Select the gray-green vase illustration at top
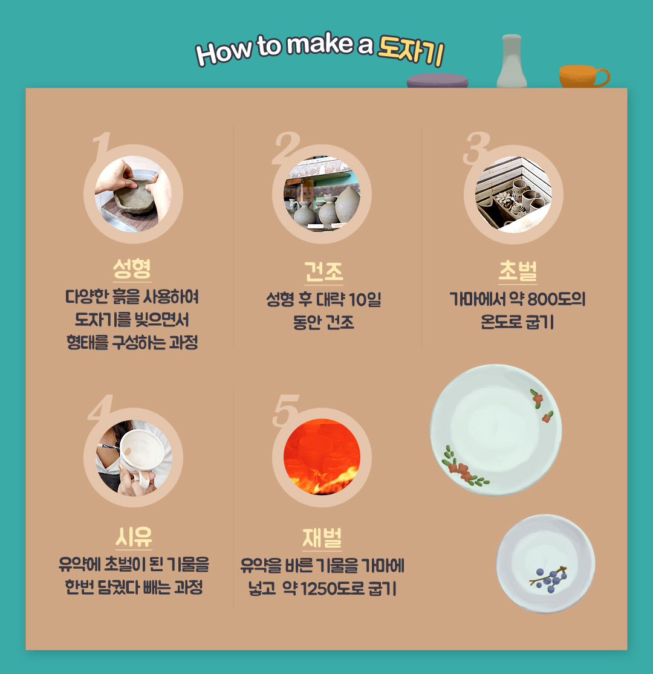coord(512,61)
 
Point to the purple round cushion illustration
coord(438,80)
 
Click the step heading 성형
coord(132,268)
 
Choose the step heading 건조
coord(323,271)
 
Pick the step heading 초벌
coord(518,271)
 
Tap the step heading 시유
coord(134,537)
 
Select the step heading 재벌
coord(322,538)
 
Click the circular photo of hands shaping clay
coord(133,194)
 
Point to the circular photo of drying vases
coord(322,194)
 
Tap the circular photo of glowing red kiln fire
coord(322,457)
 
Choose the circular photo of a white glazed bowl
coord(134,458)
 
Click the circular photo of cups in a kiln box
coord(513,194)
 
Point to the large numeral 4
coord(100,407)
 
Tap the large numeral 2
coord(285,148)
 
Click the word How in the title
coord(224,52)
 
